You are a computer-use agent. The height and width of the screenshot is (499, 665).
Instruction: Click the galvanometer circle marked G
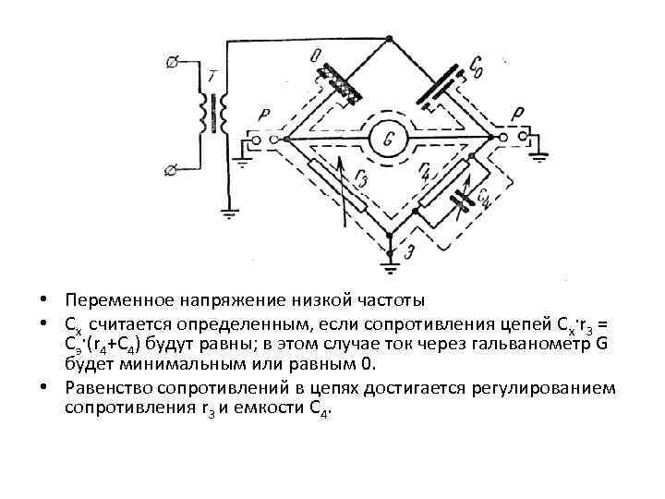[x=389, y=140]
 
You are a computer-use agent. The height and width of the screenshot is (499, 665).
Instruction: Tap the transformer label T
[x=213, y=75]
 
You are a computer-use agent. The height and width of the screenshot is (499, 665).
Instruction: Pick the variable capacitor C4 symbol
[x=477, y=198]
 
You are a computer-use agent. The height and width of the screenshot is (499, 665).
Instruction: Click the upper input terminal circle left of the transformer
[x=171, y=63]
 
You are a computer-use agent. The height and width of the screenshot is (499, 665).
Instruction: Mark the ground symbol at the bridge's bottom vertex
[x=390, y=268]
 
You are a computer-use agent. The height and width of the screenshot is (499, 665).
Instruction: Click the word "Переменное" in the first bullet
[x=115, y=301]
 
